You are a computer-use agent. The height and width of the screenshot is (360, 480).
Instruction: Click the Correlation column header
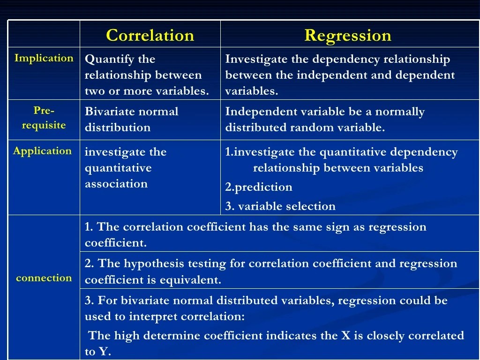click(150, 36)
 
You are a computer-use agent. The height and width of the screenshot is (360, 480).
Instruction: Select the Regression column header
click(348, 36)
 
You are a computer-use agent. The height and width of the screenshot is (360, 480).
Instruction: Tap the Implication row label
click(44, 58)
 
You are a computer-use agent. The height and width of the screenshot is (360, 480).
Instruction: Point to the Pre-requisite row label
click(44, 118)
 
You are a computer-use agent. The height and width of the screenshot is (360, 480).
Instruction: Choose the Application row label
click(43, 151)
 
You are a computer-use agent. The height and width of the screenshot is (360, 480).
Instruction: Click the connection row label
click(44, 278)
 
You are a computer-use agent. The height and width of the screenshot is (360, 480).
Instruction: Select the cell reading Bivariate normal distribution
click(131, 120)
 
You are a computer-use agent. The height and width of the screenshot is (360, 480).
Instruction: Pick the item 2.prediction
click(259, 187)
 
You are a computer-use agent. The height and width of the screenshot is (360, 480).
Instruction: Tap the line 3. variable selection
click(280, 206)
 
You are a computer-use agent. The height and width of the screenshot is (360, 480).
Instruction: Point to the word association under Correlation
click(116, 184)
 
